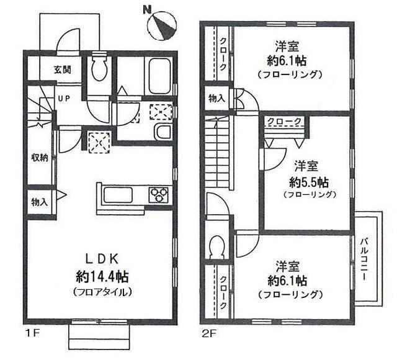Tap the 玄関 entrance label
point(63,70)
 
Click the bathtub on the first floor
point(159,76)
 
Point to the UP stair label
point(64,99)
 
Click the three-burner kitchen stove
point(159,194)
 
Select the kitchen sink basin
point(118,195)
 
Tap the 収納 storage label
point(39,158)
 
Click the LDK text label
point(102,259)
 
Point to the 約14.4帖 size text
point(102,277)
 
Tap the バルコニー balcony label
point(365,259)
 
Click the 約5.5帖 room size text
point(309,182)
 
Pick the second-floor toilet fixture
point(216,247)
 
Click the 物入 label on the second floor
point(216,98)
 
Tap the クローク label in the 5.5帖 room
point(284,122)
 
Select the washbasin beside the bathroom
point(163,132)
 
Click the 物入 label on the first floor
point(39,202)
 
